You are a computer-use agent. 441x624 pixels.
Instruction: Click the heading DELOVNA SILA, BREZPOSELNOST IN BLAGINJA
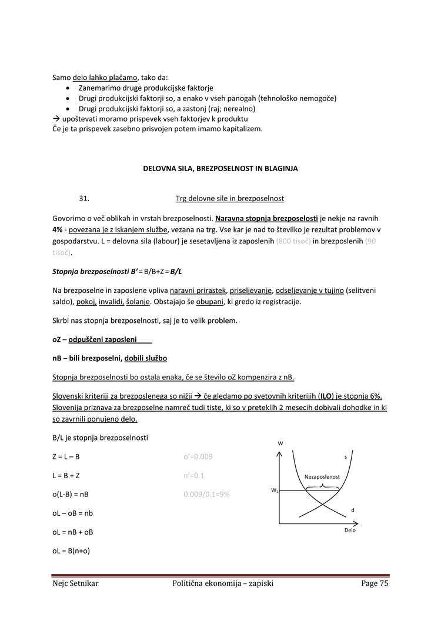[x=220, y=168]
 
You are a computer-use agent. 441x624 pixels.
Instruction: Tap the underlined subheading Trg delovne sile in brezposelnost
[x=229, y=198]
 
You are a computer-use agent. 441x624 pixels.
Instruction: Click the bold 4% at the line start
[x=58, y=229]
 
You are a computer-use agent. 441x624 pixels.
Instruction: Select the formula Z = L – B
[x=66, y=456]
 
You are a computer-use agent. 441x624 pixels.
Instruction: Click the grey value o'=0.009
[x=198, y=456]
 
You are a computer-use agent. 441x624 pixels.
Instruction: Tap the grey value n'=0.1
[x=194, y=475]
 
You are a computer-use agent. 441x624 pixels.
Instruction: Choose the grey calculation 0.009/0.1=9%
[x=206, y=494]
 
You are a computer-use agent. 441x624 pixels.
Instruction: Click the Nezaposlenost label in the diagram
[x=322, y=476]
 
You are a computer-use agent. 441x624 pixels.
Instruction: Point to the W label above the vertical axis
[x=279, y=442]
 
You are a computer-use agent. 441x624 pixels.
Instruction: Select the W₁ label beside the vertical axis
[x=274, y=490]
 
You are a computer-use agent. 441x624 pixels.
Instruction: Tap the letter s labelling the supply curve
[x=345, y=456]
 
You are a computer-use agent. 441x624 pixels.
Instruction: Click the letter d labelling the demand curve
[x=352, y=509]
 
